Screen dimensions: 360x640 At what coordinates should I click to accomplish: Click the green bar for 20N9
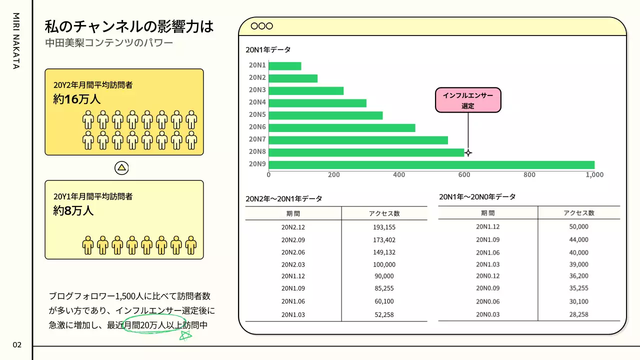(x=431, y=164)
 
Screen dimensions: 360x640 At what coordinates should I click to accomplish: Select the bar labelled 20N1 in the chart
(x=285, y=65)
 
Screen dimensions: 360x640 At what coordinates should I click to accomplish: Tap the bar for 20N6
(x=342, y=127)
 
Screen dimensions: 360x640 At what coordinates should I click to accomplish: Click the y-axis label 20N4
(x=257, y=102)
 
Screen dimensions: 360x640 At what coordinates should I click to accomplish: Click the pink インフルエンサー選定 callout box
(x=468, y=100)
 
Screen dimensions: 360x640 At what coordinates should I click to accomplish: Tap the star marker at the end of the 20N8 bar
(x=468, y=152)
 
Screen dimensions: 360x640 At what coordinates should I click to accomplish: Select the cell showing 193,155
(x=384, y=227)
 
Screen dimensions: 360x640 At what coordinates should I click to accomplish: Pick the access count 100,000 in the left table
(x=384, y=264)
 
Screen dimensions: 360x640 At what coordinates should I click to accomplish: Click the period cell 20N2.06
(x=293, y=252)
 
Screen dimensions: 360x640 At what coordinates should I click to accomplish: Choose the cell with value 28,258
(x=579, y=314)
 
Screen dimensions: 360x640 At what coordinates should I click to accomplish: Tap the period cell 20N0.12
(x=487, y=276)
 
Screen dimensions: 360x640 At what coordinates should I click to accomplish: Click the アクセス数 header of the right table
(x=579, y=213)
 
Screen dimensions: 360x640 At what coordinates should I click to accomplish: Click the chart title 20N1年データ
(x=268, y=50)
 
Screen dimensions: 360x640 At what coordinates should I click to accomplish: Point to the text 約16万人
(x=77, y=99)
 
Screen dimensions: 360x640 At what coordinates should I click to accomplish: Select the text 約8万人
(x=73, y=210)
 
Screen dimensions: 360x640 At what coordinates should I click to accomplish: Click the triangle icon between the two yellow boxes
(x=122, y=168)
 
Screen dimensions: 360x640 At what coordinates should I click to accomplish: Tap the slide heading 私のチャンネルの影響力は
(x=129, y=26)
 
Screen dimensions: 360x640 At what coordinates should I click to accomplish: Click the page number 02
(x=17, y=344)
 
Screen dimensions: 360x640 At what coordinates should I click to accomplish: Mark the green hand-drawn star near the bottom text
(x=185, y=335)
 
